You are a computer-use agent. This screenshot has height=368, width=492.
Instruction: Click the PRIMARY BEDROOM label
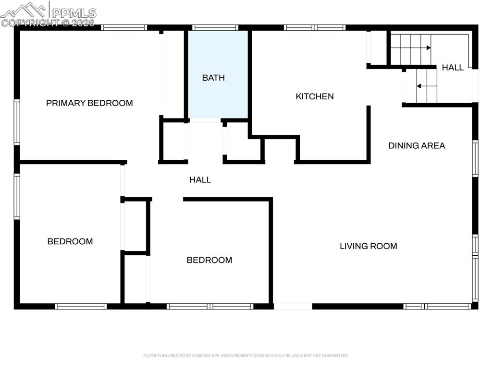(x=89, y=103)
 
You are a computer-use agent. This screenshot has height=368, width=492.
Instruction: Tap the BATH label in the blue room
(x=213, y=78)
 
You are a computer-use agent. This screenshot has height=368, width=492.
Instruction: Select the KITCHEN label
(x=315, y=96)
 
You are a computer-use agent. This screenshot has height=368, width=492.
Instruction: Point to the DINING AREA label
(x=417, y=145)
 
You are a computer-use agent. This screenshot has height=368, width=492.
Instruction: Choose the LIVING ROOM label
(x=369, y=246)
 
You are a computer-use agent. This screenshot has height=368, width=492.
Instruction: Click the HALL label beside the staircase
(x=453, y=68)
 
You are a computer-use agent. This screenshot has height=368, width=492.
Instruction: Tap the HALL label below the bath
(x=200, y=180)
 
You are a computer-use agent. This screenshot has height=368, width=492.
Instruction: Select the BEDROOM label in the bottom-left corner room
(x=70, y=241)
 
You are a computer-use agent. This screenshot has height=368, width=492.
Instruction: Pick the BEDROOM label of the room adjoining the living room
(x=209, y=260)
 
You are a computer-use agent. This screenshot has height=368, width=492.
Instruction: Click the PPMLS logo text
(x=74, y=12)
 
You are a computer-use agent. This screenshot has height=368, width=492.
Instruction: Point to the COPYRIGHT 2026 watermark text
(x=48, y=22)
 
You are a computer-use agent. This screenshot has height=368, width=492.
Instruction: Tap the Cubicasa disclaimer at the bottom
(x=246, y=356)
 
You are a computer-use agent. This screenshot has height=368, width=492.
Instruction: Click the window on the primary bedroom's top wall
(x=124, y=28)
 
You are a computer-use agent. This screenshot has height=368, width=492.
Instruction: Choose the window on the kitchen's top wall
(x=315, y=28)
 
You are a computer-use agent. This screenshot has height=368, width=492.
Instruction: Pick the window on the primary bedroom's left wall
(x=17, y=122)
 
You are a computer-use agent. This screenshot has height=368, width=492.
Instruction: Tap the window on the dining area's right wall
(x=475, y=158)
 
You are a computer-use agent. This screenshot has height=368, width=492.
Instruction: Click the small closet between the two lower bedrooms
(x=135, y=226)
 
